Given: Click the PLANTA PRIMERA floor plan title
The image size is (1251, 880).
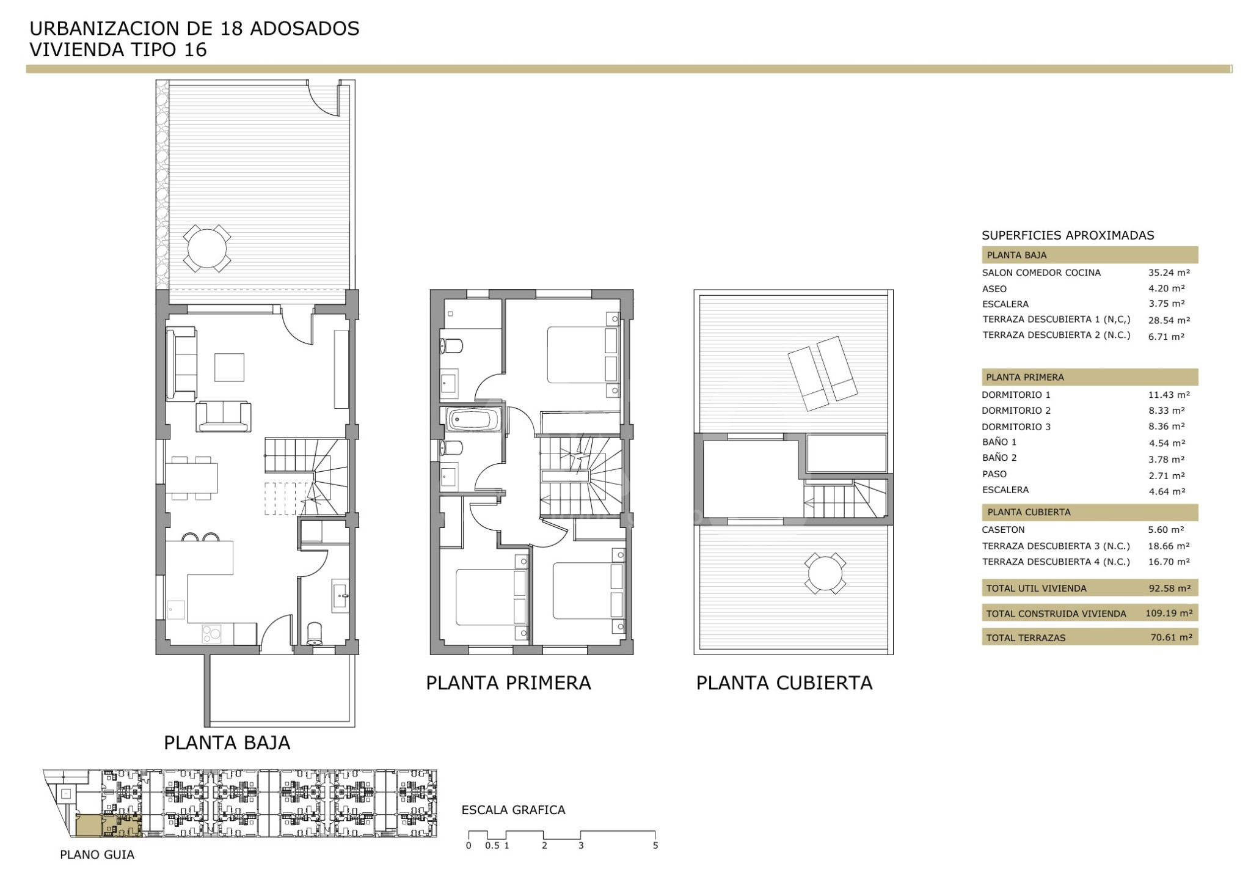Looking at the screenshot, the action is pyautogui.click(x=508, y=683).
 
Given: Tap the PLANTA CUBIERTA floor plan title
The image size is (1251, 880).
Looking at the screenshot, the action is pyautogui.click(x=784, y=683).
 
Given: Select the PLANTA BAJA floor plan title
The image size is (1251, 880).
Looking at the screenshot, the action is pyautogui.click(x=227, y=743).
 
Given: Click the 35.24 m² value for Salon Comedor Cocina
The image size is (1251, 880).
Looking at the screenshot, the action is pyautogui.click(x=1169, y=273).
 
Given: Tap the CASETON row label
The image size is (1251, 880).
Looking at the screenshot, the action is pyautogui.click(x=1003, y=530).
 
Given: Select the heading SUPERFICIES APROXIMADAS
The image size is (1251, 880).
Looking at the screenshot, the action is pyautogui.click(x=1068, y=235).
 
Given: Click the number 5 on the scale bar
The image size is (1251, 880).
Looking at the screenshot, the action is pyautogui.click(x=655, y=846).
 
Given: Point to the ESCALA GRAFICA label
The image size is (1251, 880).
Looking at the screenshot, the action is pyautogui.click(x=513, y=810).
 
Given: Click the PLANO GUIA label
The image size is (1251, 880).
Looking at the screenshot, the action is pyautogui.click(x=97, y=855).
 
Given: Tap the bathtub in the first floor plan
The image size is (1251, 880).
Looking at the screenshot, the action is pyautogui.click(x=475, y=420).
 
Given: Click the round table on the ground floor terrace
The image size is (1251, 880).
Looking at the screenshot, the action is pyautogui.click(x=207, y=249).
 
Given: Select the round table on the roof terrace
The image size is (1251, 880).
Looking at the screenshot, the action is pyautogui.click(x=825, y=573).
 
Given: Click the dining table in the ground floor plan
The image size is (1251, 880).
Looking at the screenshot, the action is pyautogui.click(x=191, y=478).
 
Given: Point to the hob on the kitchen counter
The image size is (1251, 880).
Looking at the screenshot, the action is pyautogui.click(x=211, y=634).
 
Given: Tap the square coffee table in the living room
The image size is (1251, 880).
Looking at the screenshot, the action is pyautogui.click(x=229, y=367).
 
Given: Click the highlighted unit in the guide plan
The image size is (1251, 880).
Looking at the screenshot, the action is pyautogui.click(x=108, y=826).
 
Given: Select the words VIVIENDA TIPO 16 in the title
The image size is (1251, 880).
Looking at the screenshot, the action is pyautogui.click(x=119, y=50).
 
